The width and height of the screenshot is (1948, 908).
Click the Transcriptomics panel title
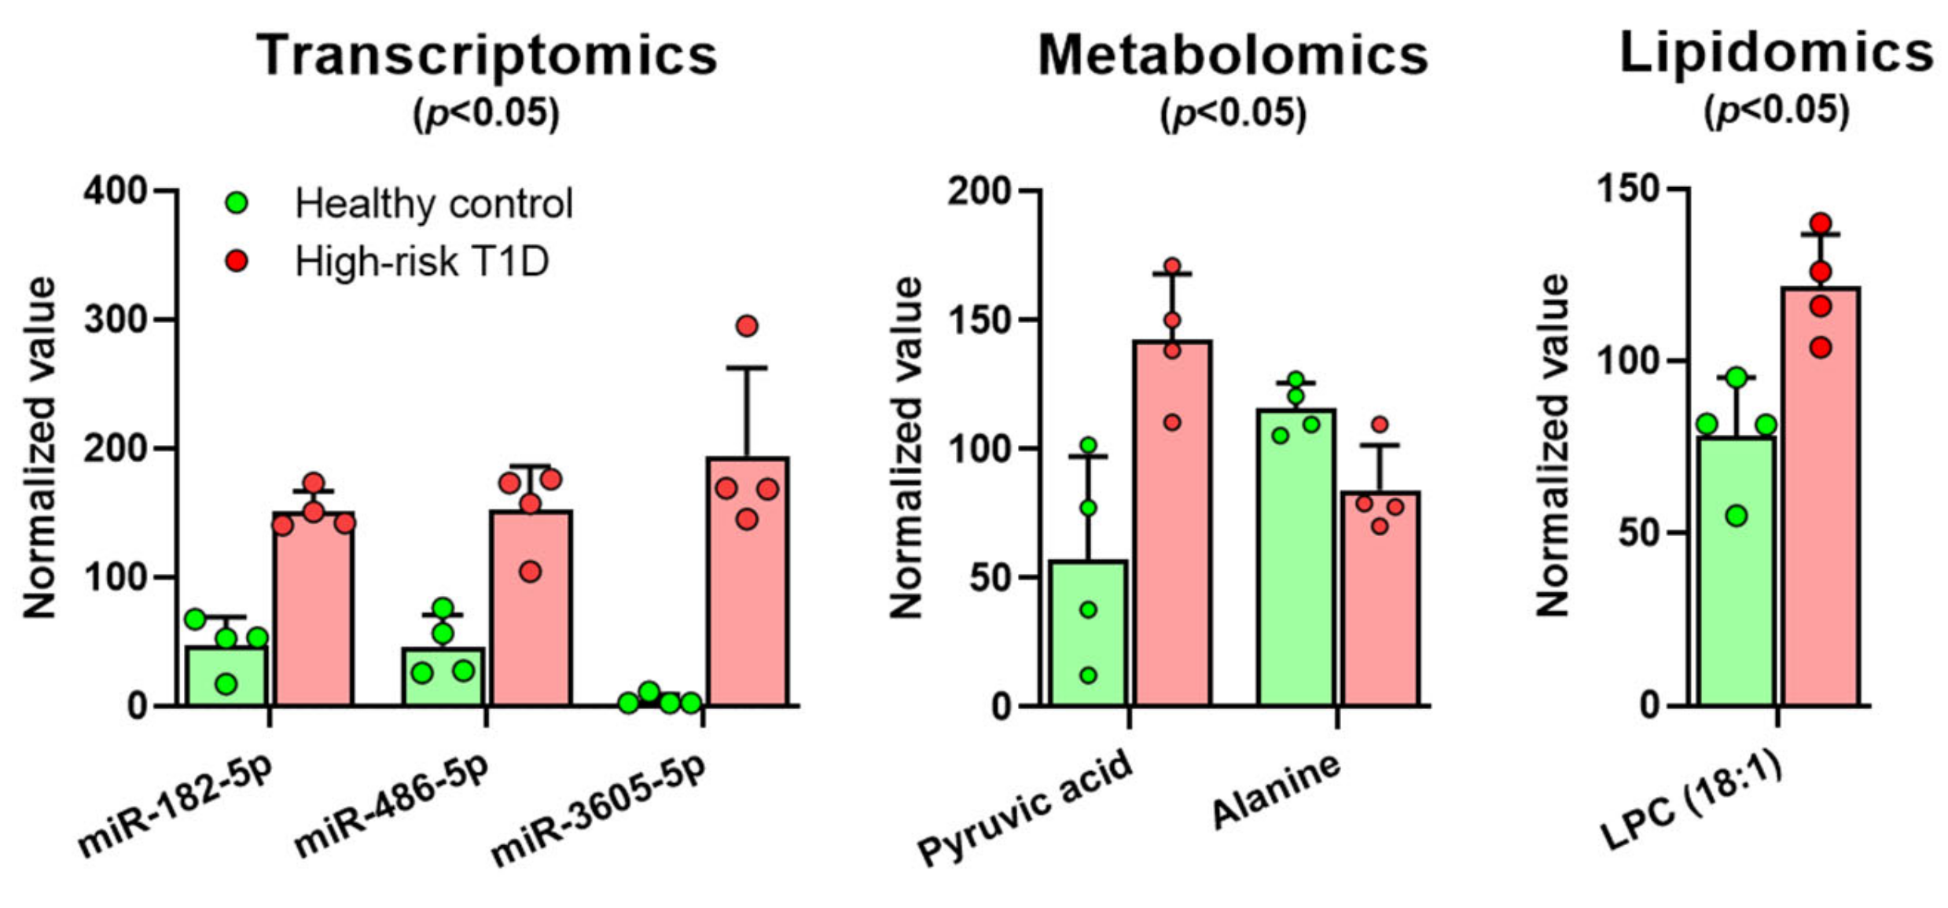[487, 55]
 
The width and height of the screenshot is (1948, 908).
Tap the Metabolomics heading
[1233, 55]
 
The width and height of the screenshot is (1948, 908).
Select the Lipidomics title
[1777, 53]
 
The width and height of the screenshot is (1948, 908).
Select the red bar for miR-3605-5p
[747, 597]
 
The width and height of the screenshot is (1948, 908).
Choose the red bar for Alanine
[1380, 605]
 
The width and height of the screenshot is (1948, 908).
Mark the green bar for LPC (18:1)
[1736, 582]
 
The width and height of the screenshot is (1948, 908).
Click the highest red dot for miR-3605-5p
[747, 325]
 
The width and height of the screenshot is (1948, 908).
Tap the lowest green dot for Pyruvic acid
[1088, 675]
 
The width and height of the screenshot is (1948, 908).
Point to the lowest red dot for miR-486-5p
[531, 572]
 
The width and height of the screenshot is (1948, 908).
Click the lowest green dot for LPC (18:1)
[1737, 516]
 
